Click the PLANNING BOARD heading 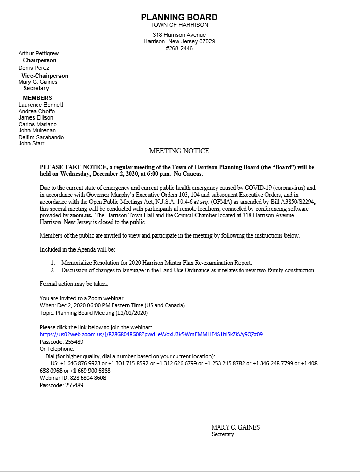coord(179,17)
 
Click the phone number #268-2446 coord(179,48)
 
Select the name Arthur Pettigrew coord(38,53)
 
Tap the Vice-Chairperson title coord(44,76)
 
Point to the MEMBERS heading coord(37,98)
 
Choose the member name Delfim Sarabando coord(41,137)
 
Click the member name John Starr coord(32,143)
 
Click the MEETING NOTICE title coord(179,151)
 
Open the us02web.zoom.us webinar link coord(151,334)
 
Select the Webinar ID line coord(73,378)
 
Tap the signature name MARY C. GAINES coord(235,427)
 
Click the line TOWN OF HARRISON coord(179,25)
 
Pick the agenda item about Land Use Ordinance coord(188,270)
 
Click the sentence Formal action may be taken coord(74,284)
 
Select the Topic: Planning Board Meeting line coord(94,313)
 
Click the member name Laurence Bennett coord(41,105)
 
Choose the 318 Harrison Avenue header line coord(179,35)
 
